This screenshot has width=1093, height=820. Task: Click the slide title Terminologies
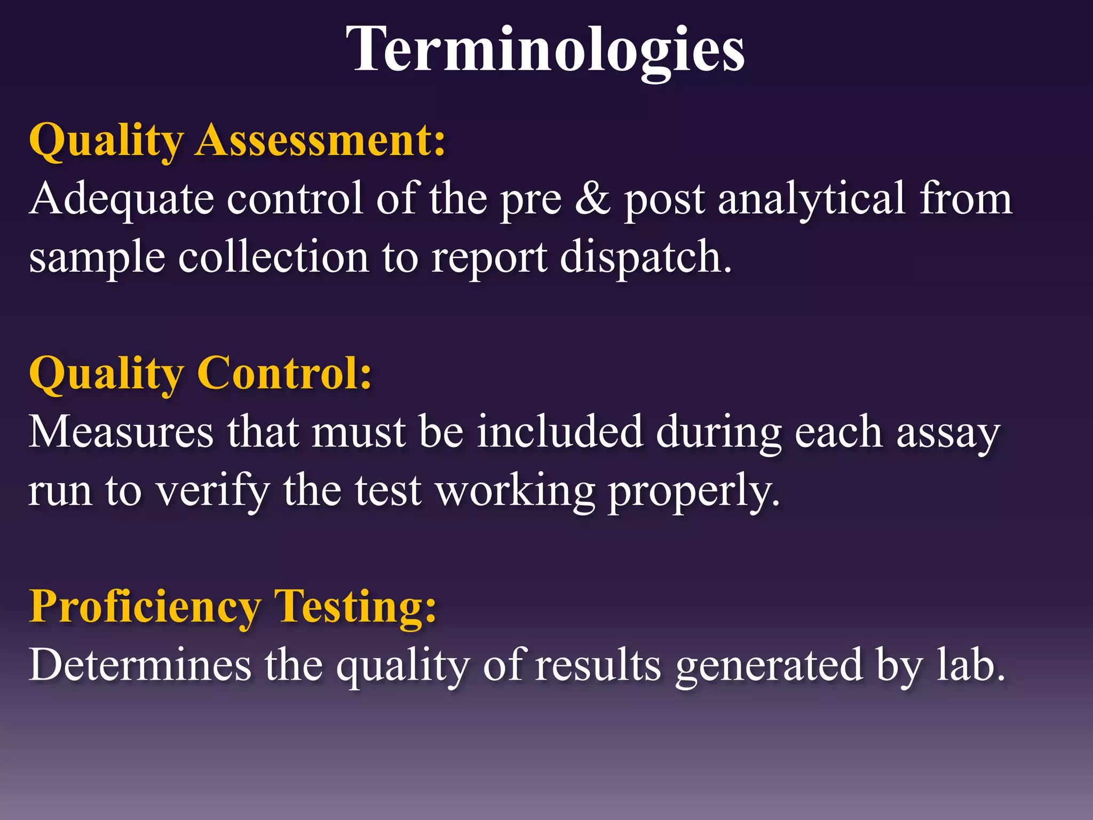pyautogui.click(x=545, y=49)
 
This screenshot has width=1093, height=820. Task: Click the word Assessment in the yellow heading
pyautogui.click(x=320, y=140)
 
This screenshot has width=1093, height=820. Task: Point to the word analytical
pyautogui.click(x=812, y=199)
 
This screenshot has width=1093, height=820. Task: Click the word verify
pyautogui.click(x=213, y=491)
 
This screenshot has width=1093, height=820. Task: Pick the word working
pyautogui.click(x=516, y=491)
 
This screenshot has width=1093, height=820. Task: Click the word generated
pyautogui.click(x=769, y=666)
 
